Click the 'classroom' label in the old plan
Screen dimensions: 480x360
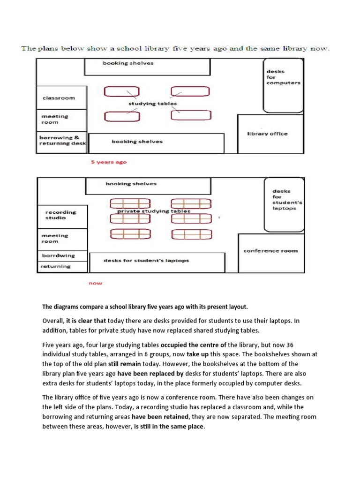[59, 98]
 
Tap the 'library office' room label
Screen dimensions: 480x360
[267, 134]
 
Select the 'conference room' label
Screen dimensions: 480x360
[270, 251]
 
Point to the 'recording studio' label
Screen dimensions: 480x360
[60, 215]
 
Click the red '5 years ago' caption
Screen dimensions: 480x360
[109, 162]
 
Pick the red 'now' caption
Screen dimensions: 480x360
[95, 283]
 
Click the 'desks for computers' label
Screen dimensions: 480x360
[283, 77]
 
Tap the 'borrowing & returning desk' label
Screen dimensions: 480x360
[62, 141]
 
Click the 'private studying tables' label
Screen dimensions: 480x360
[154, 211]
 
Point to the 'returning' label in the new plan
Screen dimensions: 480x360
[55, 266]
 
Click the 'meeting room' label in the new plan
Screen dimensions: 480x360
[55, 239]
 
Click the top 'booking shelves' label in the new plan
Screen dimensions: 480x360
[131, 184]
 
